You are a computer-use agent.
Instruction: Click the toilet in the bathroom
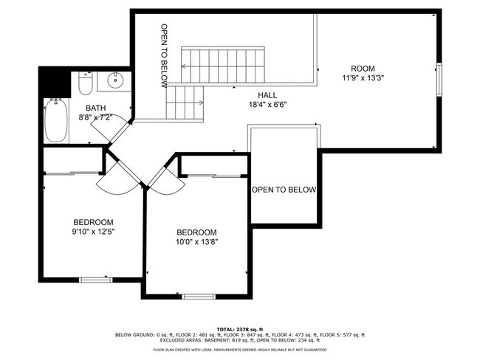[x=85, y=83]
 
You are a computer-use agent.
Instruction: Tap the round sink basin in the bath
[x=115, y=80]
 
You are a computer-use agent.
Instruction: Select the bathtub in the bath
[x=56, y=120]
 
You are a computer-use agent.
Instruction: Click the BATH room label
[x=95, y=108]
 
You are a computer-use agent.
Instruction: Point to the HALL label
[x=267, y=95]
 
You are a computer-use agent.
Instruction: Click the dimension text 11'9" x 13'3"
[x=363, y=78]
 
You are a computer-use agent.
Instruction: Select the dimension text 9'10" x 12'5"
[x=93, y=232]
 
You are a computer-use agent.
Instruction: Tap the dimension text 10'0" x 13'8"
[x=196, y=242]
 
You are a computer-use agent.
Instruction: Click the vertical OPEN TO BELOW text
[x=165, y=55]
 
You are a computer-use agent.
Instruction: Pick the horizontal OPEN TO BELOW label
[x=284, y=190]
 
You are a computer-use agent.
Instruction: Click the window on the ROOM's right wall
[x=439, y=80]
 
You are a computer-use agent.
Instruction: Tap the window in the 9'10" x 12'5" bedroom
[x=96, y=280]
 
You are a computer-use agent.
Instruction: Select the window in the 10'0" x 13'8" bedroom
[x=199, y=297]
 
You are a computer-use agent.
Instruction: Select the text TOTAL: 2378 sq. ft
[x=240, y=330]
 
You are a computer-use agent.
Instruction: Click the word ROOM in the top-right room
[x=363, y=69]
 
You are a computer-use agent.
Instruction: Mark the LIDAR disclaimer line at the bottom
[x=240, y=350]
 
